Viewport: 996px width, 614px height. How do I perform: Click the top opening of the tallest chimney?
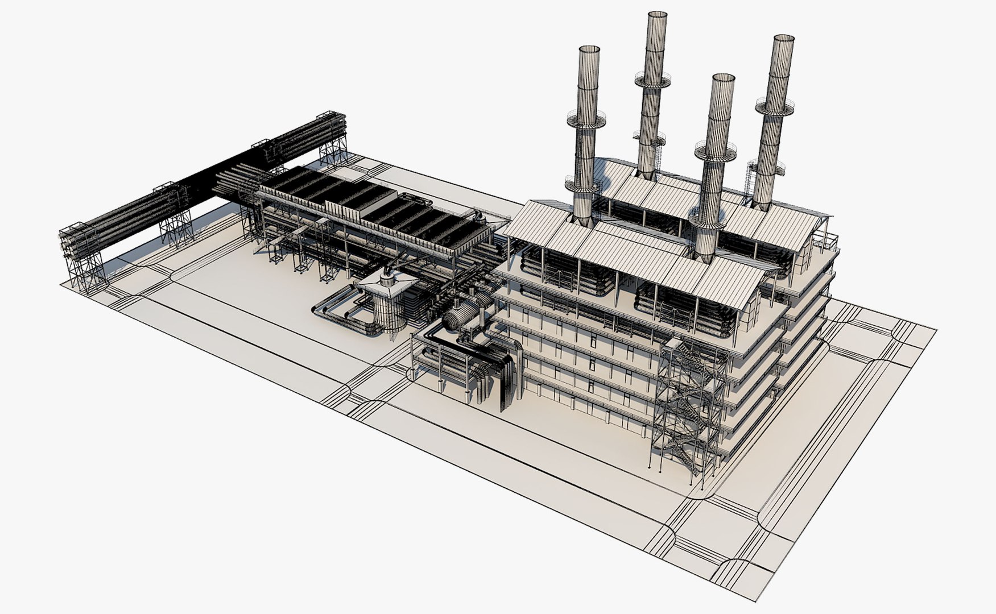coord(657,14)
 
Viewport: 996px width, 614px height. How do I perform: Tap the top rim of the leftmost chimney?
coord(590,49)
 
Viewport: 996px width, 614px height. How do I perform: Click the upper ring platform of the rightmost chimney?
coord(774,106)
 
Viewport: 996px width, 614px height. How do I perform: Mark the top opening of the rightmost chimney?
coord(783,39)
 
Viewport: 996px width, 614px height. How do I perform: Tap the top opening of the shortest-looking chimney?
coord(723,77)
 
